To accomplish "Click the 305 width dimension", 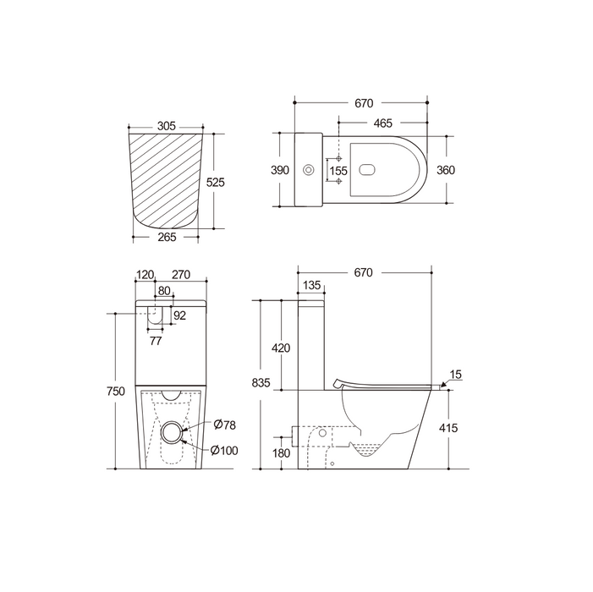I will [x=166, y=125].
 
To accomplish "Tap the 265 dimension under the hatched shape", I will [x=167, y=237].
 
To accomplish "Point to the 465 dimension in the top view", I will [x=382, y=123].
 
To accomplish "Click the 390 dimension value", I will [x=279, y=170].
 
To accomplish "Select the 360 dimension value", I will [x=445, y=170].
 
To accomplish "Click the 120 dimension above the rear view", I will [x=146, y=274].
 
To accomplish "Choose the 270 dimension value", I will [x=180, y=274].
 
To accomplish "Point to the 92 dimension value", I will [x=178, y=315].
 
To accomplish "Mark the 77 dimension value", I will [x=156, y=341].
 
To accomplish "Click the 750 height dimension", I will [x=117, y=391].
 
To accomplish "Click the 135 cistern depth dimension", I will [x=311, y=284].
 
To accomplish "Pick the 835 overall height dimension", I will [x=261, y=383].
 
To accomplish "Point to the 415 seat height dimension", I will [x=448, y=429].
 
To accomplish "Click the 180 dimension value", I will [x=279, y=452].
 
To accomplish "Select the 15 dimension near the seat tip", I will [x=456, y=374].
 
